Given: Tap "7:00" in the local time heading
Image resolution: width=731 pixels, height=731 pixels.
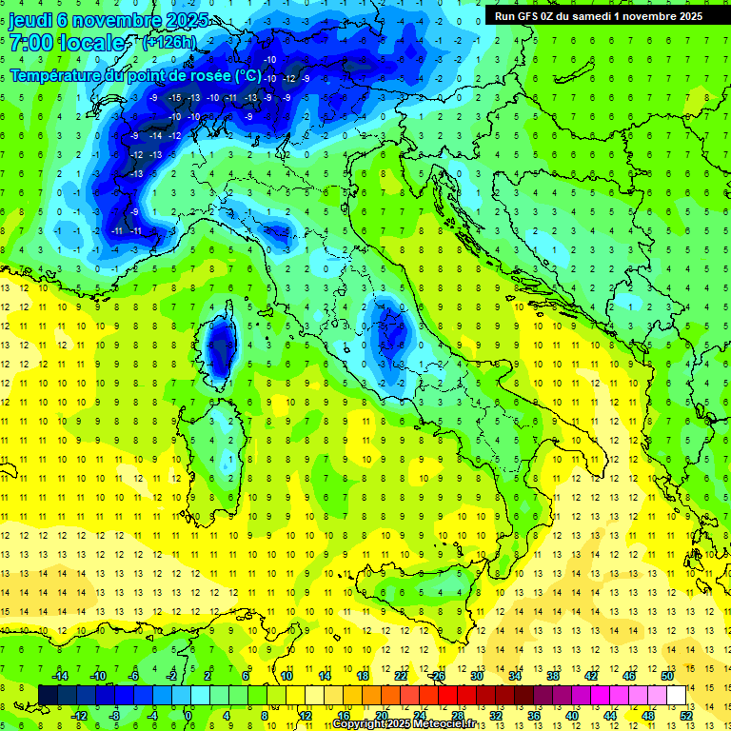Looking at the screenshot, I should [x=30, y=42].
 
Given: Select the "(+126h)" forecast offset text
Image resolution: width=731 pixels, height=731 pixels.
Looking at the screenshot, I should [x=169, y=42].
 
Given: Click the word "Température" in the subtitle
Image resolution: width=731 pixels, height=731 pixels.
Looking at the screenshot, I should [x=58, y=74].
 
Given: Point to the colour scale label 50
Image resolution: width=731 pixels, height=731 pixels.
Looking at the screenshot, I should [x=667, y=676].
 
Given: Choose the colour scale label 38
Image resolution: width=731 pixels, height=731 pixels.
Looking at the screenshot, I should [x=553, y=676].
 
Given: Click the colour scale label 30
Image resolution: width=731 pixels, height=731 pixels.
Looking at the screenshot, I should [x=477, y=676].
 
